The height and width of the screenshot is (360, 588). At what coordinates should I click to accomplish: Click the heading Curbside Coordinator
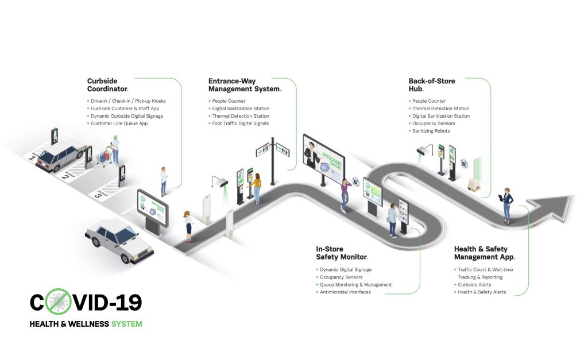pyautogui.click(x=107, y=85)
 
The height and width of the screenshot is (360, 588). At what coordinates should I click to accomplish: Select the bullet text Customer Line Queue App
pyautogui.click(x=119, y=123)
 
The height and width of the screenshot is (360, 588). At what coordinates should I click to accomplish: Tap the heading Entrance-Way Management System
pyautogui.click(x=245, y=85)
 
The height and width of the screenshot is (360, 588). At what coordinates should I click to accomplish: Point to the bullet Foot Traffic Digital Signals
pyautogui.click(x=241, y=123)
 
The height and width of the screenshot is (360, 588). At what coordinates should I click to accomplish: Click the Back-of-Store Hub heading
pyautogui.click(x=432, y=85)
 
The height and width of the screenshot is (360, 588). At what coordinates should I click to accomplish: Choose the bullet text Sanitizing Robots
pyautogui.click(x=431, y=131)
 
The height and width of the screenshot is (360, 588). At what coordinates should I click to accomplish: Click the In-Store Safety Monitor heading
pyautogui.click(x=342, y=253)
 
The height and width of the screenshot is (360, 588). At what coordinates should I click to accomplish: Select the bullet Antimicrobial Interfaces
pyautogui.click(x=345, y=292)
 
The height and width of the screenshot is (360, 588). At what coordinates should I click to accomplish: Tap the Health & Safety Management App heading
pyautogui.click(x=485, y=253)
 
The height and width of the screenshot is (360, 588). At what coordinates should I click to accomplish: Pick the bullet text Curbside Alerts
pyautogui.click(x=474, y=285)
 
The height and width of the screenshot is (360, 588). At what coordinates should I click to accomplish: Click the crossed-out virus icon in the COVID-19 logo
pyautogui.click(x=58, y=301)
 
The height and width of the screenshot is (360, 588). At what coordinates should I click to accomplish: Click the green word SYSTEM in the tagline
pyautogui.click(x=127, y=324)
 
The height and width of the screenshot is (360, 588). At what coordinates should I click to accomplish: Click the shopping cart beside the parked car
pyautogui.click(x=105, y=155)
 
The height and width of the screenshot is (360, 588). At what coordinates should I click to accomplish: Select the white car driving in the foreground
pyautogui.click(x=119, y=240)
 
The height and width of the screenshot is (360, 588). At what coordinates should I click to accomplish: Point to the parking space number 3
pyautogui.click(x=98, y=194)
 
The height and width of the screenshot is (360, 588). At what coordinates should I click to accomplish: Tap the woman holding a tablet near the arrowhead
pyautogui.click(x=506, y=206)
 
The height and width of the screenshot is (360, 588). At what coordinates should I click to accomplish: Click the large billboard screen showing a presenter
pyautogui.click(x=324, y=157)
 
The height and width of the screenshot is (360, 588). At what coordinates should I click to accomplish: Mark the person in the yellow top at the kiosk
pyautogui.click(x=256, y=189)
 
